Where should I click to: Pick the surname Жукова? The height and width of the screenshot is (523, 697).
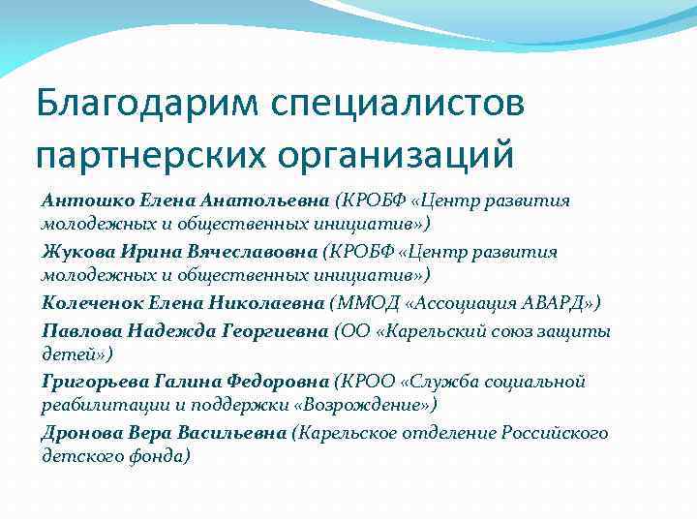pyautogui.click(x=77, y=252)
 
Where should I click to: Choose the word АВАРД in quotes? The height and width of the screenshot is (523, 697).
pyautogui.click(x=547, y=303)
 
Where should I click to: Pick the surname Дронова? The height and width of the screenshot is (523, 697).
pyautogui.click(x=79, y=433)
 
